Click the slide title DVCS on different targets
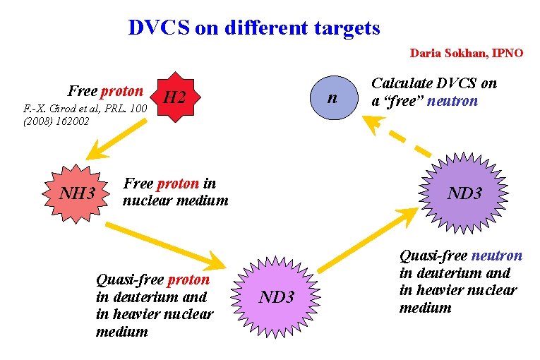coord(254,28)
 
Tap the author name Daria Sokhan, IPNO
coord(467,53)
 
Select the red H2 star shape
coord(174,97)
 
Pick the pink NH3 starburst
coord(77,191)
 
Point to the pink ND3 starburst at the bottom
coord(276,296)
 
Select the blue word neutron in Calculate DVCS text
coord(452,101)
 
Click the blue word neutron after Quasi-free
coord(496,256)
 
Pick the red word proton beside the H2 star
coord(122,91)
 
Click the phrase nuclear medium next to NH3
coord(176,200)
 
